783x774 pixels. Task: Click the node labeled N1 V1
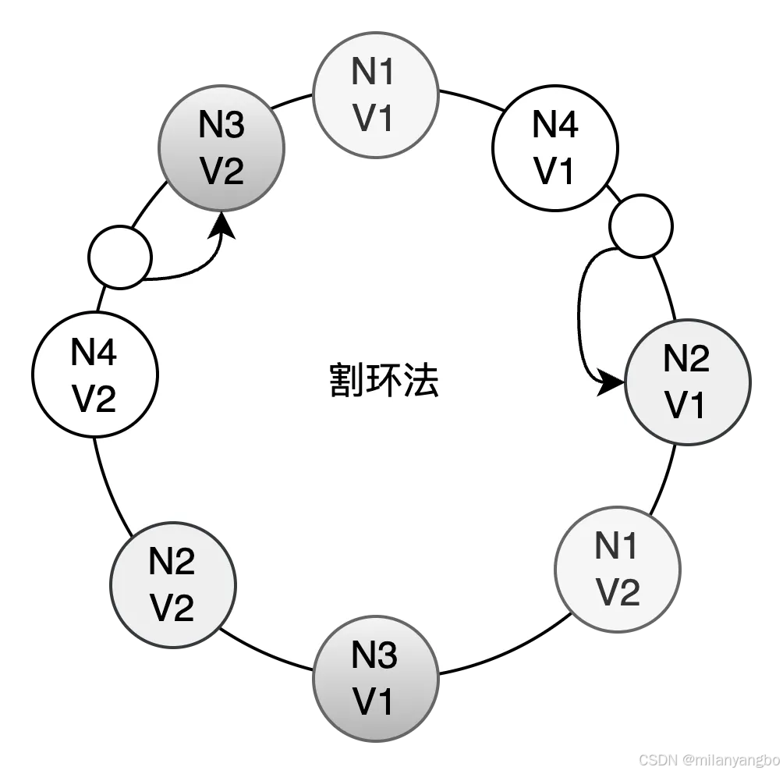pyautogui.click(x=374, y=96)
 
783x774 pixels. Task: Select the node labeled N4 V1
pyautogui.click(x=554, y=148)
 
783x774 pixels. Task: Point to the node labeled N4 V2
pyautogui.click(x=95, y=376)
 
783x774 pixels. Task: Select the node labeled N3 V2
pyautogui.click(x=222, y=148)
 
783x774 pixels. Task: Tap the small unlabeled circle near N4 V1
pyautogui.click(x=640, y=226)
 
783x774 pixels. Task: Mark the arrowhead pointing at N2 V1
pyautogui.click(x=612, y=383)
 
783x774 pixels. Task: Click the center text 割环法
pyautogui.click(x=384, y=380)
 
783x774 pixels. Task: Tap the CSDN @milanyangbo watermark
pyautogui.click(x=708, y=759)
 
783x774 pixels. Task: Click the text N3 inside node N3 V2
pyautogui.click(x=222, y=125)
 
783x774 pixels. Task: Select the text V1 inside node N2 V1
pyautogui.click(x=686, y=406)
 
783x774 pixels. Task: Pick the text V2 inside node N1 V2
pyautogui.click(x=618, y=593)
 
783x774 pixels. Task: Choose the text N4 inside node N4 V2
pyautogui.click(x=94, y=353)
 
